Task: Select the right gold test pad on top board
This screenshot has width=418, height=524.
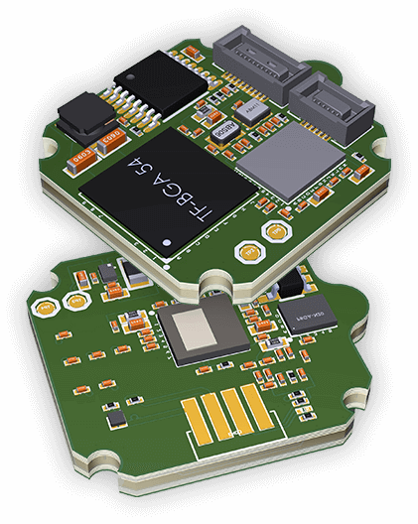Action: (x=273, y=230)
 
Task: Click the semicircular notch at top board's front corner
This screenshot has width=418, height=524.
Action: (x=209, y=282)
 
